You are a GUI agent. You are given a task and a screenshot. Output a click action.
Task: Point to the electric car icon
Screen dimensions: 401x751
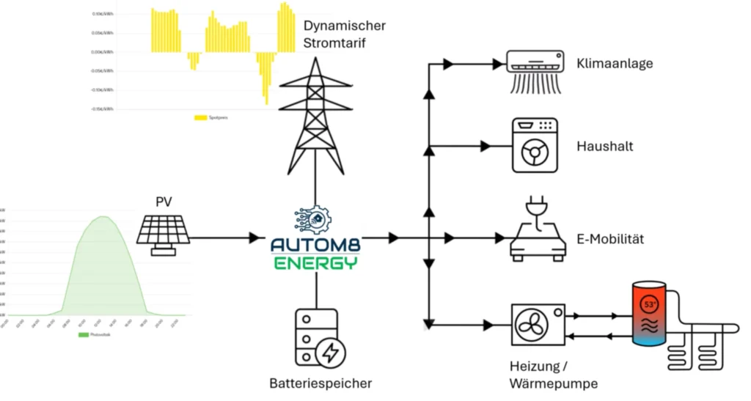point(538,232)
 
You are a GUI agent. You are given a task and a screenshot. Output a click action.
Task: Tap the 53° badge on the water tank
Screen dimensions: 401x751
point(650,301)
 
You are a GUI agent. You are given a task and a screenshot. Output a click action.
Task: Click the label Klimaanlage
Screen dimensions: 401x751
point(615,64)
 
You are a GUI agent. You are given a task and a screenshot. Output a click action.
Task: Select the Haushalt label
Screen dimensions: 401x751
point(605,147)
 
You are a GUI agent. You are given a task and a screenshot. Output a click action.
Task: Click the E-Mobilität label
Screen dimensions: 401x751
point(612,239)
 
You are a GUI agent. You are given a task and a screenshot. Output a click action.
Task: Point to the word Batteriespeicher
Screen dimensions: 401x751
point(320,383)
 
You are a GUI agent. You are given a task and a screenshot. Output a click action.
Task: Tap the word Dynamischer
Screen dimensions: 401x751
point(344,26)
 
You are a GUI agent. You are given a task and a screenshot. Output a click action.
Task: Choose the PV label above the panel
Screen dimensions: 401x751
point(164,202)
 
